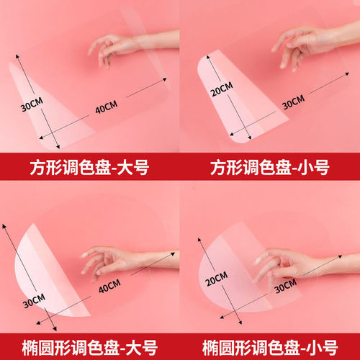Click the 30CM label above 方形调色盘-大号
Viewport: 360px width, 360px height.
[x=30, y=106]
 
